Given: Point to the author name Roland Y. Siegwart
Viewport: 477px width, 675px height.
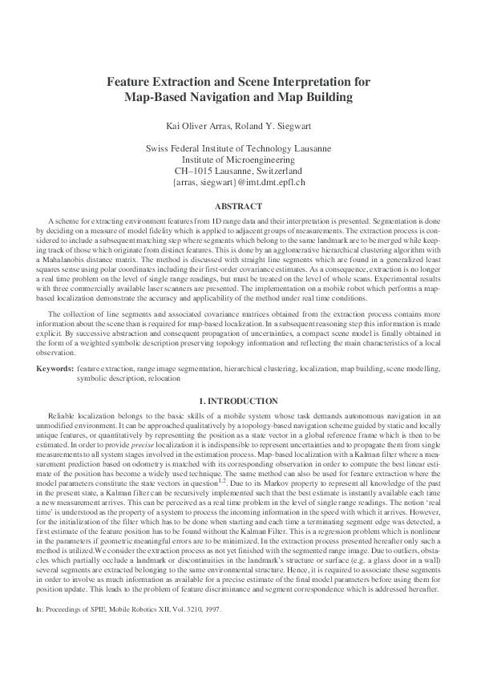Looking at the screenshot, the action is pos(270,126).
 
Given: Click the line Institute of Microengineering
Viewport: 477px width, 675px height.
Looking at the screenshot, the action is pos(238,160).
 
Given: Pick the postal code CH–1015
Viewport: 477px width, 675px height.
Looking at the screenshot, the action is pos(193,171).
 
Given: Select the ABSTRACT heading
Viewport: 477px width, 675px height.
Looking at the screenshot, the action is pos(238,205).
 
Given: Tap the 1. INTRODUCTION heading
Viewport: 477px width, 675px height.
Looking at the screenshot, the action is pos(238,401).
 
